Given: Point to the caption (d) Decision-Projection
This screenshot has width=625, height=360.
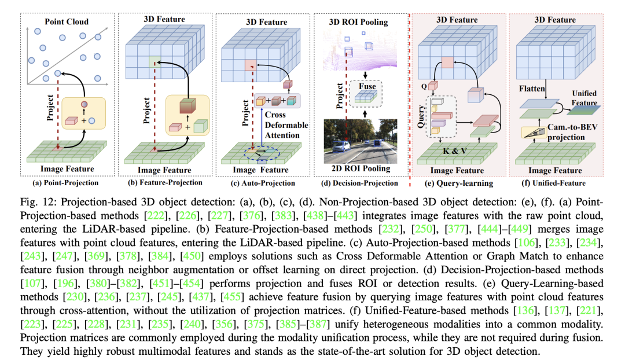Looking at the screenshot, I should tap(359, 182).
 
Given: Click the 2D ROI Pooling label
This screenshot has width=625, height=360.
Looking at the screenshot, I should tap(360, 169).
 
